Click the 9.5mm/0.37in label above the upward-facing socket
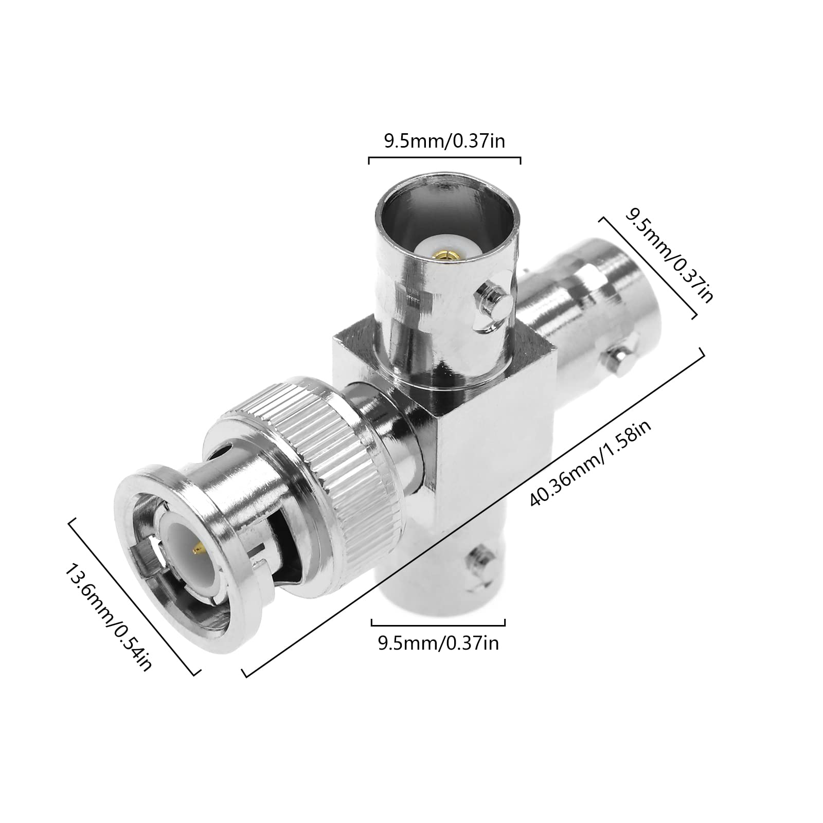click(x=444, y=141)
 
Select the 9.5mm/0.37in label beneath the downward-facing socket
click(x=438, y=643)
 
